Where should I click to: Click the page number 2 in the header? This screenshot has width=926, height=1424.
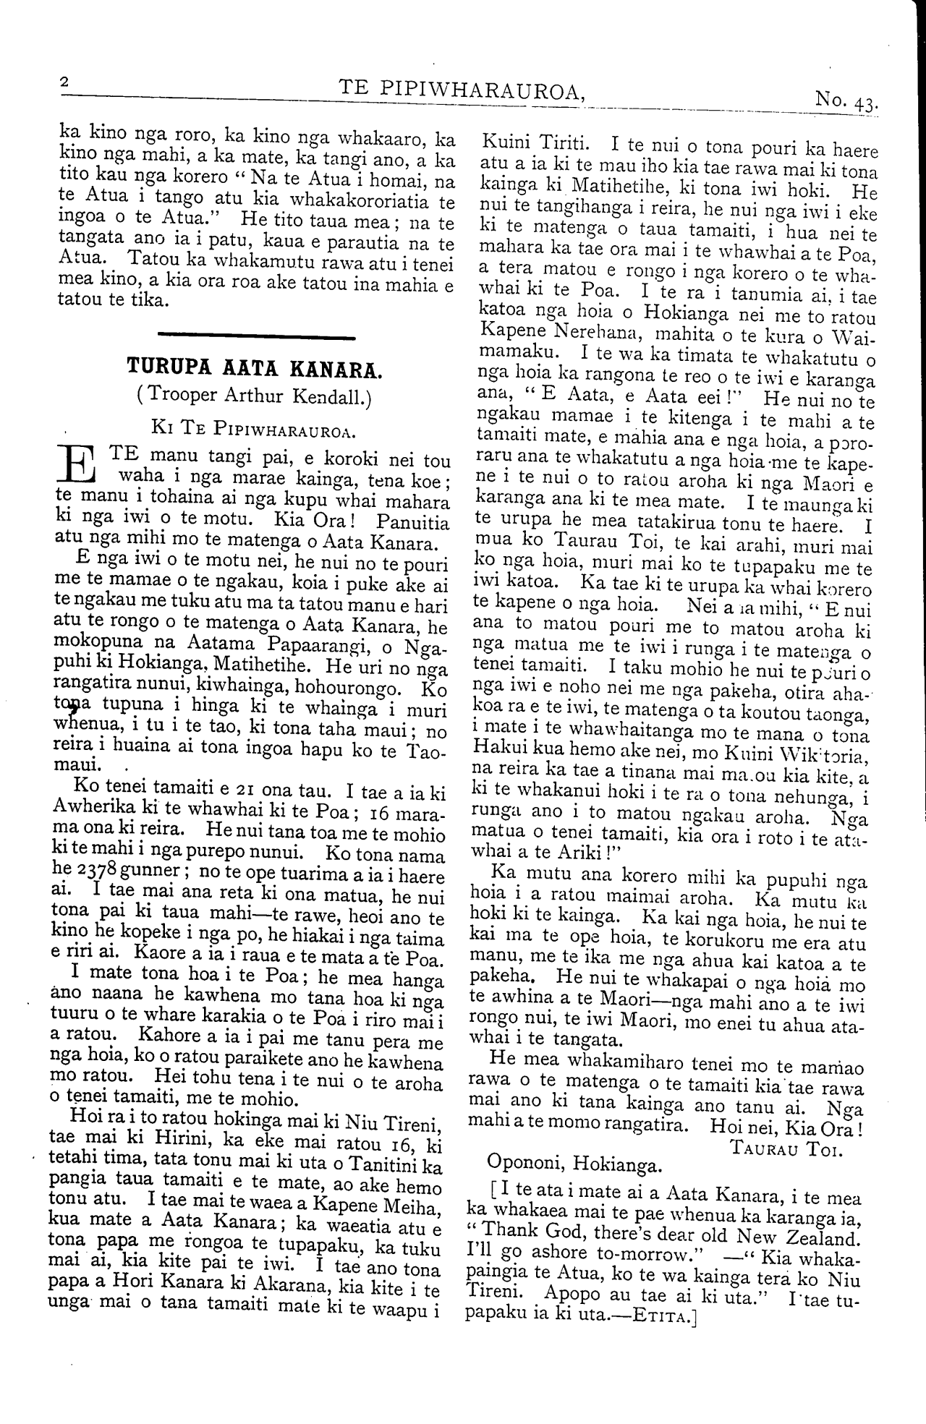(64, 83)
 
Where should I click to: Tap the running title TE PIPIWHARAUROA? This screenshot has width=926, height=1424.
(462, 89)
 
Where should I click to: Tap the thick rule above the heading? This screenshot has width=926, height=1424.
(255, 335)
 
